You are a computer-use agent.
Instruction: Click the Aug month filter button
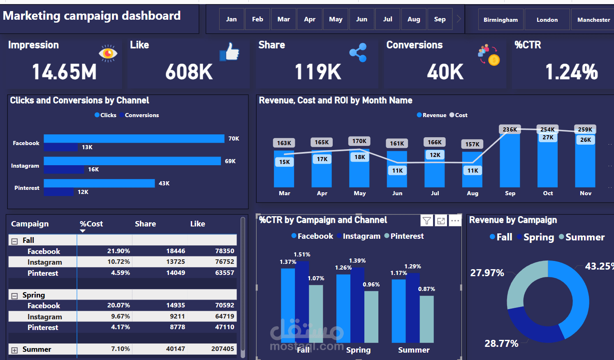(x=414, y=19)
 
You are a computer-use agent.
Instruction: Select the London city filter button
(x=547, y=20)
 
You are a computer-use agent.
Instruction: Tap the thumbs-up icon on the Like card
(x=229, y=52)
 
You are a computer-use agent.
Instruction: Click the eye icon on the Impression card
(x=108, y=53)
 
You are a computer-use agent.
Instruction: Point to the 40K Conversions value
(x=445, y=72)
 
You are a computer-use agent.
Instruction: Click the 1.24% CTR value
(x=571, y=72)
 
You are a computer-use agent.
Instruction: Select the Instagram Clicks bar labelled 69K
(x=132, y=161)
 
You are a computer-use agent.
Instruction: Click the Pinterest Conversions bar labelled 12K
(x=59, y=192)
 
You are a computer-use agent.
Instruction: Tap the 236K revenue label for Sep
(x=510, y=129)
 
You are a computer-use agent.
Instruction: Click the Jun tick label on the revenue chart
(x=397, y=193)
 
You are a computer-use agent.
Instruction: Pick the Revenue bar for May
(x=359, y=173)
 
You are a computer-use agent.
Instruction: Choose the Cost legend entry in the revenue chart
(x=459, y=115)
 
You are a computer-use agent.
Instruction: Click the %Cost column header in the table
(x=91, y=224)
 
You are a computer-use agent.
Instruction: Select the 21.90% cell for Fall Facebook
(x=118, y=251)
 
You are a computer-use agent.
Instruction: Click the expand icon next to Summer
(x=14, y=350)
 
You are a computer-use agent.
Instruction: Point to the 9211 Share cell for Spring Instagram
(x=177, y=316)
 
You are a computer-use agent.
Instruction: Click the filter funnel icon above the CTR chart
(x=427, y=221)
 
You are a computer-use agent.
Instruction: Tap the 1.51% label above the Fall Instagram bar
(x=302, y=254)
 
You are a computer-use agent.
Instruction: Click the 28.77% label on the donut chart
(x=501, y=344)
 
